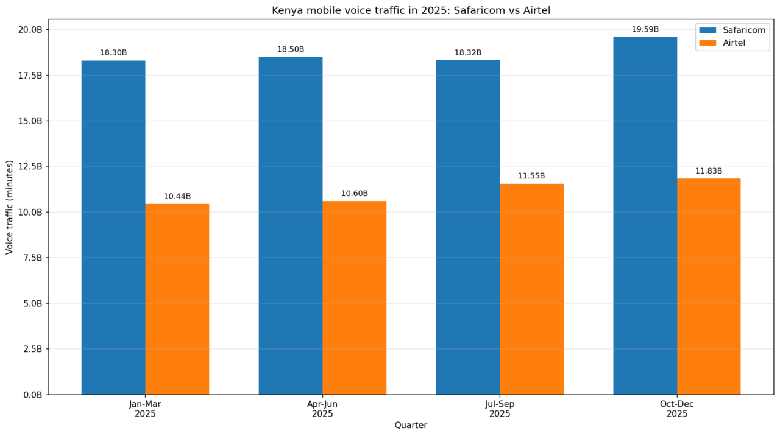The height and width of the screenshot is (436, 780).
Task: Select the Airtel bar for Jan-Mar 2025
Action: click(x=177, y=299)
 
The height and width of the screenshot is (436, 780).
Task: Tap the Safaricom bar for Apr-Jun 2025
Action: click(x=291, y=225)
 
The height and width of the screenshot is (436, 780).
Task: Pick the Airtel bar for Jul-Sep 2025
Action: click(x=531, y=289)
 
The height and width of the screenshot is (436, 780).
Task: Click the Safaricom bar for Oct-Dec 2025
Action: click(x=645, y=216)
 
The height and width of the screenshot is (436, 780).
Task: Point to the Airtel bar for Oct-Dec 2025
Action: click(x=709, y=286)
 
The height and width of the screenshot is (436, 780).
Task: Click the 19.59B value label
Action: click(x=645, y=29)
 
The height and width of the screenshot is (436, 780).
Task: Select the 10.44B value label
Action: click(x=177, y=196)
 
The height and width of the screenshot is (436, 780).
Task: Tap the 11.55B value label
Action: click(x=531, y=176)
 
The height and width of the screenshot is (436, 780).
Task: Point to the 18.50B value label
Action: click(x=291, y=49)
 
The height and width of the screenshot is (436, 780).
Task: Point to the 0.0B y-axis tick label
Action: click(x=32, y=395)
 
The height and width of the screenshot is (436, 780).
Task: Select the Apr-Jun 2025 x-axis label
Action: click(x=322, y=409)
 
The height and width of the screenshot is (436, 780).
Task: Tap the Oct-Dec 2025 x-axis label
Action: click(x=677, y=409)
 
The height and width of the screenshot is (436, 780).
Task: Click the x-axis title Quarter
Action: click(x=411, y=425)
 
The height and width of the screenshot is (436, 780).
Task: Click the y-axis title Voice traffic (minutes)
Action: click(x=10, y=207)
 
